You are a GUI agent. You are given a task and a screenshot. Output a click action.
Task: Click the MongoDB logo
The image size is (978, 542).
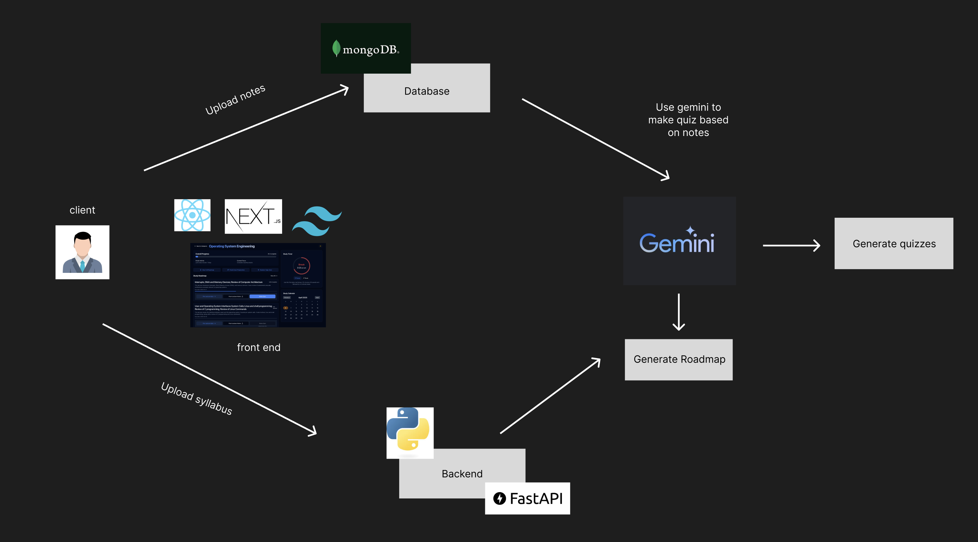coord(366,49)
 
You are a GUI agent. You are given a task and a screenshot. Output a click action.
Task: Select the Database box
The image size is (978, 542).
coord(427,91)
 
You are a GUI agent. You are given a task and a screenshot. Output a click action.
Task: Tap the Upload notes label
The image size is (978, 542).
coord(235,100)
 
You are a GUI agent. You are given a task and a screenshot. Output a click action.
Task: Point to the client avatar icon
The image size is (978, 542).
coord(82,252)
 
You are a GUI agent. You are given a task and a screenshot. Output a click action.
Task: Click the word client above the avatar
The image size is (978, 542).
coord(82,210)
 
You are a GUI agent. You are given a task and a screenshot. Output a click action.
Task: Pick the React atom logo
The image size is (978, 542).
coord(192,215)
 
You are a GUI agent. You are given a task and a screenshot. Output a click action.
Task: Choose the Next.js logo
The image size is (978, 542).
coord(253,216)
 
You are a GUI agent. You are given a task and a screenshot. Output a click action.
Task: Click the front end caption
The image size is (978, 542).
coord(259,347)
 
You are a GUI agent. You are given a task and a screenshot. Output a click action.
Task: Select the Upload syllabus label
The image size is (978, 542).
coord(196,399)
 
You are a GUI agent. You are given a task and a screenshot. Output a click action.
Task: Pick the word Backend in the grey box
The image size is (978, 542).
coord(462,474)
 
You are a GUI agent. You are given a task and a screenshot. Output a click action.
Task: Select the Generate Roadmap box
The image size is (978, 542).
coord(679,359)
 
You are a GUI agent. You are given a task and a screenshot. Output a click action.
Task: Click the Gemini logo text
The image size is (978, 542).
coord(677,242)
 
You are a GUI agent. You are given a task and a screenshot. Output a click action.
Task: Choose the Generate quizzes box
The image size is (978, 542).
coord(894,243)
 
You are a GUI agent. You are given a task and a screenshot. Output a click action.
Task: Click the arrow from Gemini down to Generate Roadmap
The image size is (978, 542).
coord(679,311)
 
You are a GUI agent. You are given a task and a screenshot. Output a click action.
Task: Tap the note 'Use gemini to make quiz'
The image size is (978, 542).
coord(688,120)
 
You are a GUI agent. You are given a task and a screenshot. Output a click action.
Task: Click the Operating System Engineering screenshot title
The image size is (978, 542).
coord(232,246)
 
